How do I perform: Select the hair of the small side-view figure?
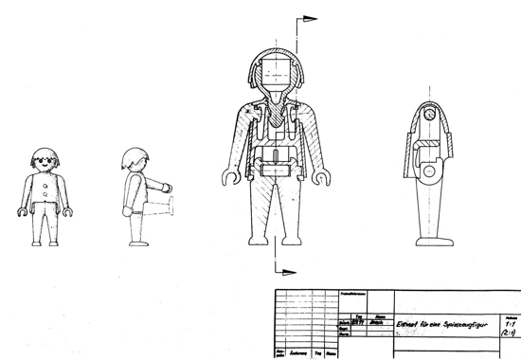point(135,157)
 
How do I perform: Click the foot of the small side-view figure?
point(135,241)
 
